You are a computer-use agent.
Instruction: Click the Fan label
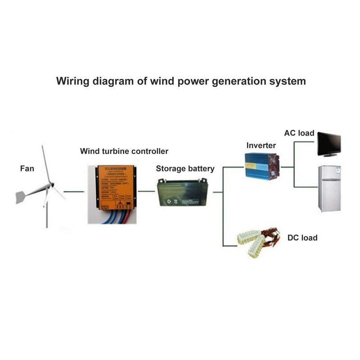tap(27, 169)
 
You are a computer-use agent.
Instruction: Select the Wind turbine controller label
tap(124, 151)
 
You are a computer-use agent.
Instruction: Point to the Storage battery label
tap(185, 169)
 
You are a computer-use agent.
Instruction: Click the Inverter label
tap(261, 145)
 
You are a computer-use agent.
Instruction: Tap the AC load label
tap(299, 133)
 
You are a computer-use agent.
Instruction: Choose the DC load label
tap(302, 238)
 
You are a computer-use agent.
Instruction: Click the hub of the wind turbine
tap(51, 184)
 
